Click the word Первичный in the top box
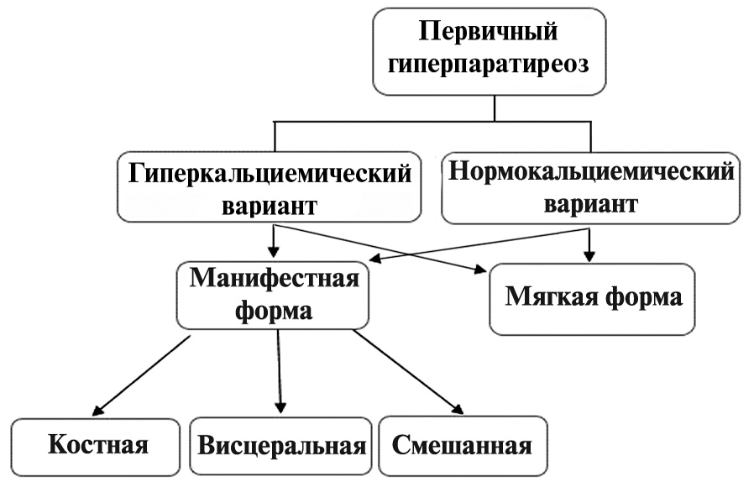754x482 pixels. [488, 33]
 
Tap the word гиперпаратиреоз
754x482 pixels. [488, 65]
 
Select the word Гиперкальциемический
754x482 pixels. [270, 174]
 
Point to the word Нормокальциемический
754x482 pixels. [591, 172]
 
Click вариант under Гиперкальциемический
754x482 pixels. [270, 206]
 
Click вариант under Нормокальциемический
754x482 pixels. [590, 203]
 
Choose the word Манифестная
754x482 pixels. [274, 279]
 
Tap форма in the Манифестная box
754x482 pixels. [274, 311]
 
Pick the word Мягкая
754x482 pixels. [551, 296]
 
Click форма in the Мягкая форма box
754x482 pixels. [643, 297]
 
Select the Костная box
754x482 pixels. [95, 447]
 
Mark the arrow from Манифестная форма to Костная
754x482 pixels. [141, 375]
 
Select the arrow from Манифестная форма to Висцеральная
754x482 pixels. [280, 371]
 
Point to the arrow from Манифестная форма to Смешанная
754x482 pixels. [408, 372]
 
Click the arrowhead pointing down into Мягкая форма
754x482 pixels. [589, 256]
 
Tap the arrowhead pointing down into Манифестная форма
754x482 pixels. [274, 251]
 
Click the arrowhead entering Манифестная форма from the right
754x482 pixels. [375, 259]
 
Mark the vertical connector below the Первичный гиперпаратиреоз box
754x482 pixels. [495, 108]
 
